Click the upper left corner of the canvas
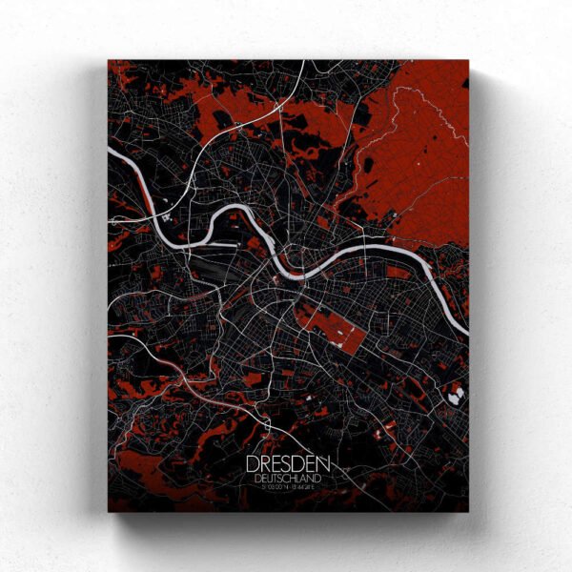(x=109, y=61)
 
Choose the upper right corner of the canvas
(x=468, y=61)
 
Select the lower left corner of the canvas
(x=109, y=512)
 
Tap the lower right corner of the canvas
(x=468, y=512)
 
